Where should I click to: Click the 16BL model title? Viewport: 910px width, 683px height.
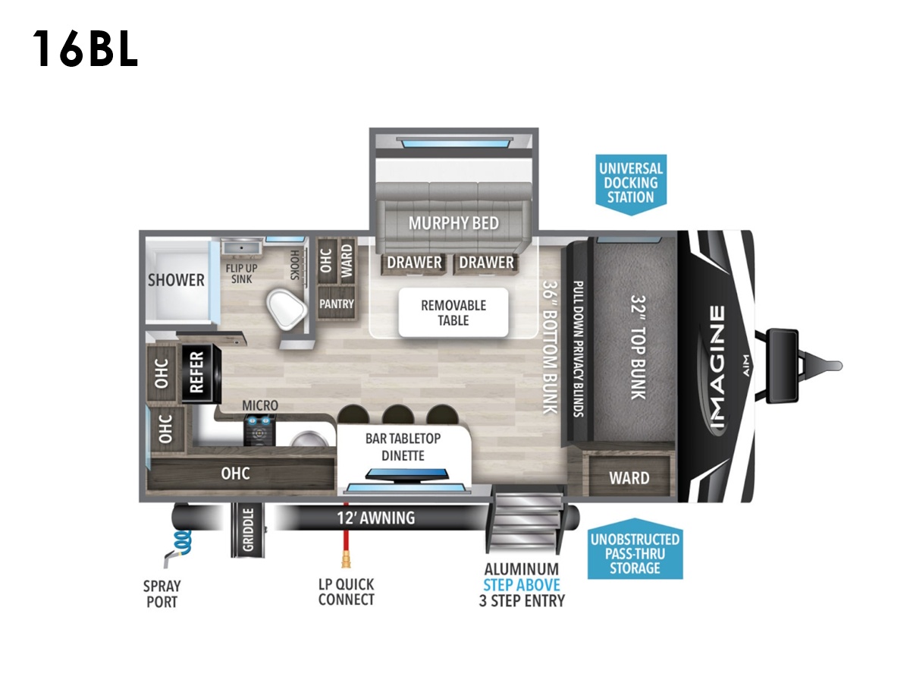85,49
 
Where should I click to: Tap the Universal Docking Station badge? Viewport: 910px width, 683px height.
631,184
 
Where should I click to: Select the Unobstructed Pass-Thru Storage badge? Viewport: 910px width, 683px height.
635,549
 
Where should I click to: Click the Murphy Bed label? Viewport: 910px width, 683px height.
453,223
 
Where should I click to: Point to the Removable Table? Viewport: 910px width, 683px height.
453,313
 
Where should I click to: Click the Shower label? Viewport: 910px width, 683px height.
176,280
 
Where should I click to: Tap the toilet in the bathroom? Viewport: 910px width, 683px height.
286,310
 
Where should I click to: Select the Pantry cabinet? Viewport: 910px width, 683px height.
336,304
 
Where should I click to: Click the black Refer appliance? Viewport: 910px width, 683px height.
201,373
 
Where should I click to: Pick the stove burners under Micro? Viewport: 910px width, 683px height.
259,430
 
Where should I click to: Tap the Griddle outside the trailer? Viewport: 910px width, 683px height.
247,530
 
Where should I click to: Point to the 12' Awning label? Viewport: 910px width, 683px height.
375,518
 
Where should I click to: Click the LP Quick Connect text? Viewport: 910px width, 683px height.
346,592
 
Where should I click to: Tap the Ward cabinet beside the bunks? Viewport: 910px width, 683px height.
629,476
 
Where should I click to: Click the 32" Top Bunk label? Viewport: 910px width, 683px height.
639,348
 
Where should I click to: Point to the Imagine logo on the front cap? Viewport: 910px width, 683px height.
717,367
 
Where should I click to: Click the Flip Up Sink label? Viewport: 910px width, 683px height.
241,274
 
